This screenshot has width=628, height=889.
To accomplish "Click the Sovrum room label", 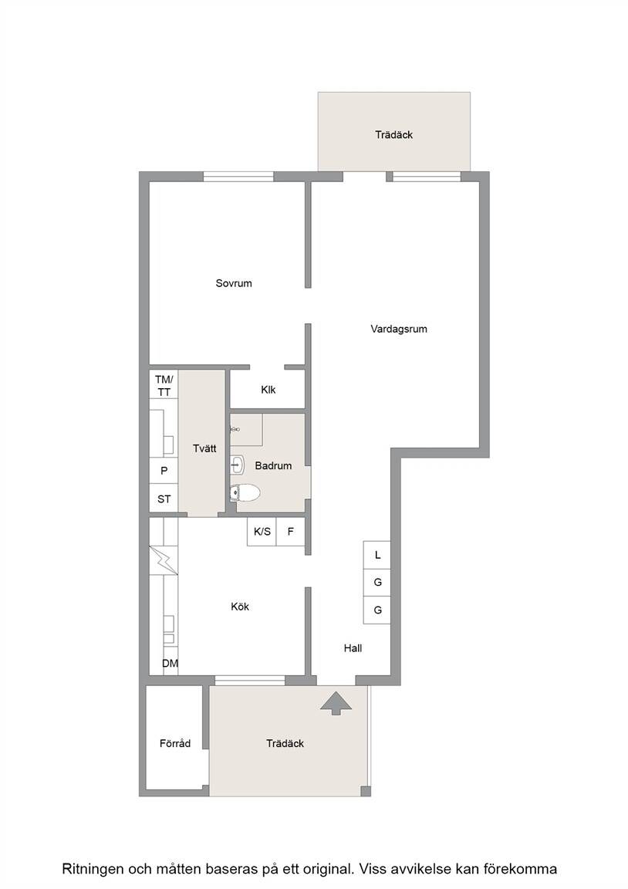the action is (x=234, y=283).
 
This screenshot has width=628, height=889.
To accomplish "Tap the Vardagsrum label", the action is (x=399, y=329).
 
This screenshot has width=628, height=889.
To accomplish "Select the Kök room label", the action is (x=240, y=606).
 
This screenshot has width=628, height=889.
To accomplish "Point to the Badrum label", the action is (x=273, y=465).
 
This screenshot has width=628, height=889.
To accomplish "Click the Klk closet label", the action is (x=268, y=390).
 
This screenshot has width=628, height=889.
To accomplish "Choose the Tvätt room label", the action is (x=204, y=448).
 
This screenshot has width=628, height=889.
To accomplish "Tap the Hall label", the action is (x=353, y=648).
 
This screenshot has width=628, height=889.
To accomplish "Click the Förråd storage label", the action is (x=175, y=743).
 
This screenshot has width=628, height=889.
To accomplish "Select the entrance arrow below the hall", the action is (x=336, y=703).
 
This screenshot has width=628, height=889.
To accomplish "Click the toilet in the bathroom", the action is (x=245, y=492).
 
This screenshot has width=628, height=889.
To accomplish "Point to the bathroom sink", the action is (x=237, y=465).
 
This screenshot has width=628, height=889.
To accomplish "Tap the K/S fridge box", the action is (x=262, y=532).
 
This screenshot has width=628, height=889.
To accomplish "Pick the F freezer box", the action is (x=291, y=532).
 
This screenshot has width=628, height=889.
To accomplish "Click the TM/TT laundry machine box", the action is (x=164, y=385).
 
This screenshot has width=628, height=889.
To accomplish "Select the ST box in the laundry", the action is (x=164, y=499).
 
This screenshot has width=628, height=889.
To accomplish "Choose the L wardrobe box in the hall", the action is (x=377, y=555).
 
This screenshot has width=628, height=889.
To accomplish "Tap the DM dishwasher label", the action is (x=170, y=664).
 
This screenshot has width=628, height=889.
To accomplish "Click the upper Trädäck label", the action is (x=394, y=134).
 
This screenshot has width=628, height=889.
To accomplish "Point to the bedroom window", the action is (x=238, y=177).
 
